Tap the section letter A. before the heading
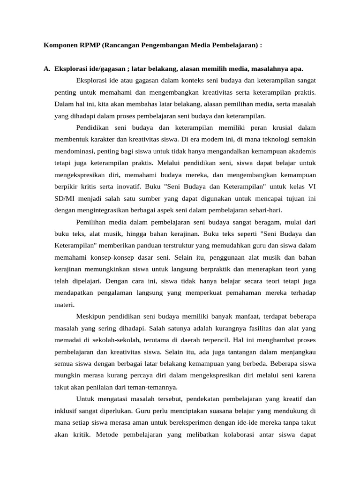click(47, 69)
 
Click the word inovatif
click(123, 186)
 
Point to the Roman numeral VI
click(311, 186)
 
